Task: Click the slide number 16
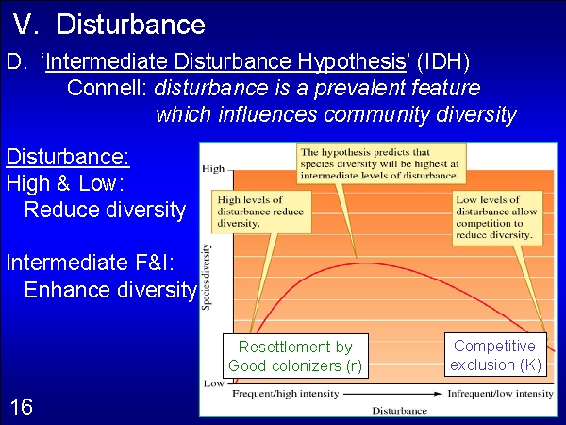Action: coord(22,406)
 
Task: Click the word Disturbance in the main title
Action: coord(130,25)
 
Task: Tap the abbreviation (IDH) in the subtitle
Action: coord(443,61)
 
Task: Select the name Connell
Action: coord(107,88)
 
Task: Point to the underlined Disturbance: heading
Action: coord(68,157)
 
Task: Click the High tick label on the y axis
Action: coord(213,169)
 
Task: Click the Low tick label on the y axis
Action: coord(214,383)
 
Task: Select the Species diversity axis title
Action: coord(206,277)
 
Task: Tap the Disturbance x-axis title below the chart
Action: coord(400,411)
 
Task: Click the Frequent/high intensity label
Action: coord(286,394)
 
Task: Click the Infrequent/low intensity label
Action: coord(500,394)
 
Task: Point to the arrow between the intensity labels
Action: coord(393,394)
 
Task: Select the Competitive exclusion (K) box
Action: coord(495,355)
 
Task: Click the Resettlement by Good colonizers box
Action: coord(295,356)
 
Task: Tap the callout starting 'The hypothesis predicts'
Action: coord(381,163)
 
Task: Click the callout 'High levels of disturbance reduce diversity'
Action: coord(261,212)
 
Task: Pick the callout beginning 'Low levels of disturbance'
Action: coord(497,218)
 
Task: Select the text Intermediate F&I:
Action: coord(91,262)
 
